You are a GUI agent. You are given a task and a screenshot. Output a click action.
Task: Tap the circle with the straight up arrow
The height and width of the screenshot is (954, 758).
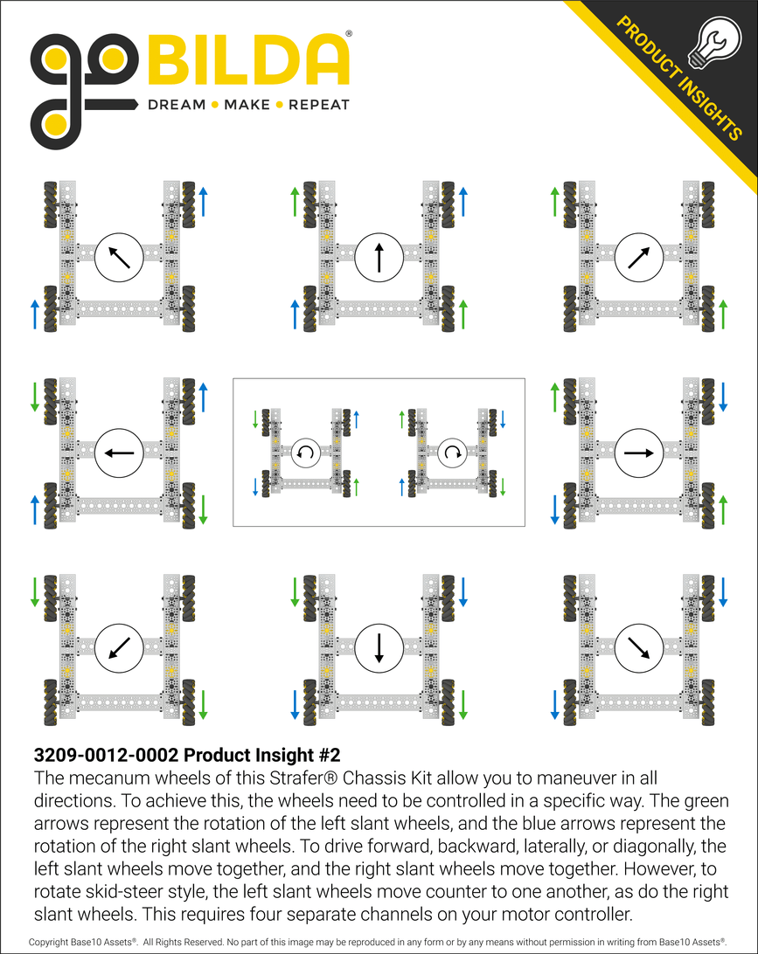coord(379,257)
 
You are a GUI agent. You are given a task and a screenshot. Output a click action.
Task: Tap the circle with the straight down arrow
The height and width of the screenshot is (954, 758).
coord(379,648)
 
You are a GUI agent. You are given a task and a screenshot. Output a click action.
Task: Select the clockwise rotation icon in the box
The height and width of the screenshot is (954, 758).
coord(452,452)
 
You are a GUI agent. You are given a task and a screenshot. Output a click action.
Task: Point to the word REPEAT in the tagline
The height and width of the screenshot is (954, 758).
coord(318,105)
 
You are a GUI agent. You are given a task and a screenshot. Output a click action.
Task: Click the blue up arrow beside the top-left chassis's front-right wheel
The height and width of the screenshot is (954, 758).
coord(203,202)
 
